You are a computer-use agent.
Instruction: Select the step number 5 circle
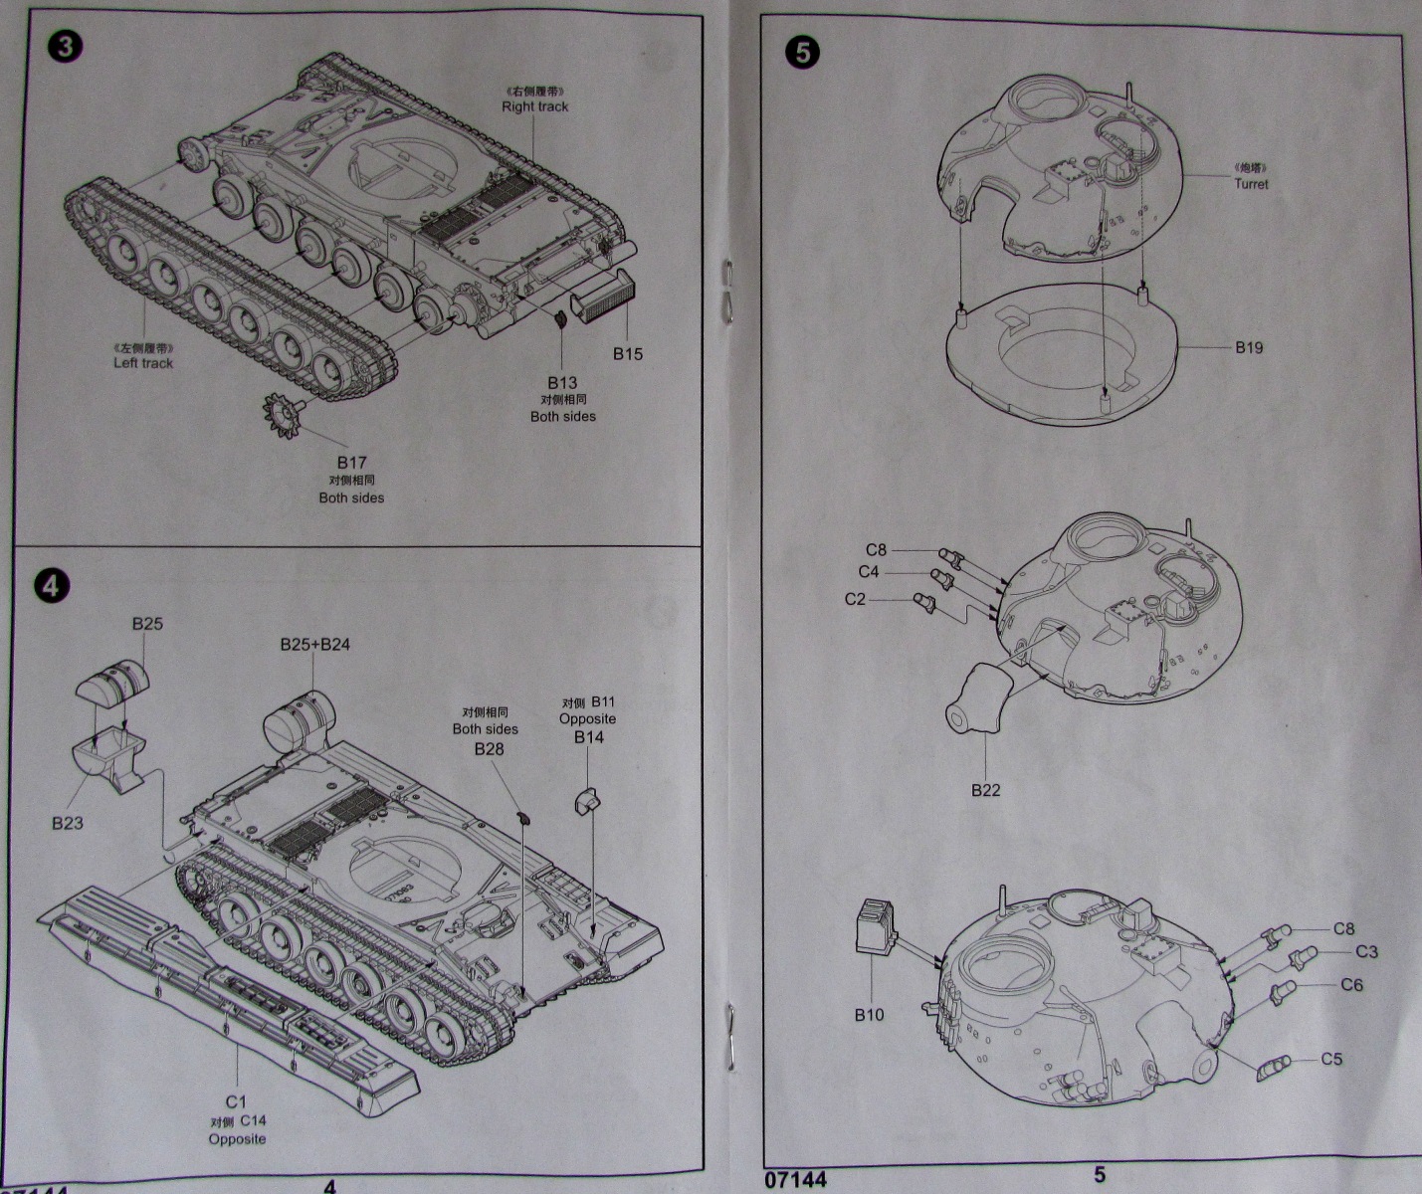[804, 53]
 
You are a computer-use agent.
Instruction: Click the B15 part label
[628, 354]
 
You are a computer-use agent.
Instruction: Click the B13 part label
[562, 383]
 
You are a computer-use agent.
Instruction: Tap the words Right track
[534, 106]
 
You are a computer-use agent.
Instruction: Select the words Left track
[143, 363]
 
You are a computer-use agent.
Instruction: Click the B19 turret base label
[1249, 347]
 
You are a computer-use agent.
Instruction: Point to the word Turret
[1251, 184]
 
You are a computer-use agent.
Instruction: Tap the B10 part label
[869, 1015]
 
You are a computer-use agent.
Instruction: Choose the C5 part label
[1332, 1059]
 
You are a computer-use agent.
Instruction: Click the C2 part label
[855, 599]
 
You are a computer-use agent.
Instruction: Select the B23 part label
[68, 823]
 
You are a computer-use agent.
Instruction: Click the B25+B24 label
[314, 645]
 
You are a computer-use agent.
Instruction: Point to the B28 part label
[489, 749]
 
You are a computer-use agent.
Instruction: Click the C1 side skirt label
[235, 1101]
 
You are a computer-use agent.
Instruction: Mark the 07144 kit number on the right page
[796, 1180]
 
